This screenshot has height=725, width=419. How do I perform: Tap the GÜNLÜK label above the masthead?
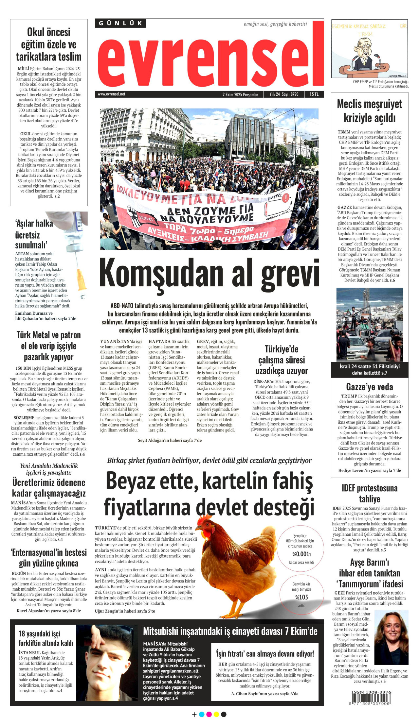click(120, 23)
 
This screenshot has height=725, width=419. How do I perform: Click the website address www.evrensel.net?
click(111, 94)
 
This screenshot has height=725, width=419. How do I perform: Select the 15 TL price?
click(314, 94)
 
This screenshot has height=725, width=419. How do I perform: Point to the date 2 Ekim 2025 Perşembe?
click(240, 94)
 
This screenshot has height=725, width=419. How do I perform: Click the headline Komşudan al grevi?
click(209, 273)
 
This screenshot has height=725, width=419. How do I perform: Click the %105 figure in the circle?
click(301, 597)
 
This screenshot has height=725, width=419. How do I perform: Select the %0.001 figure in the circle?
click(301, 554)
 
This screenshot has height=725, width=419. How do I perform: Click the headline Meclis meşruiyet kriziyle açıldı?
click(370, 111)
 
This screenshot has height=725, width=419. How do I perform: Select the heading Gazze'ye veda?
click(370, 387)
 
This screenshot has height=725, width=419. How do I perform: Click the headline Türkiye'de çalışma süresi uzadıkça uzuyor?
click(282, 360)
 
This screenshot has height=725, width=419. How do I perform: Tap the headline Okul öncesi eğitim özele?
click(49, 44)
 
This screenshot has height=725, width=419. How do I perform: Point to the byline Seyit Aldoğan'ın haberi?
click(170, 440)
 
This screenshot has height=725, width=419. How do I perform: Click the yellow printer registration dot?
click(216, 714)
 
